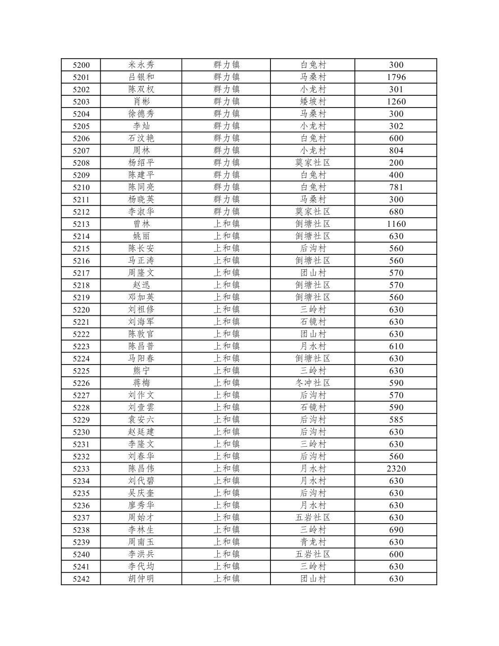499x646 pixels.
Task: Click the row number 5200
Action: click(81, 65)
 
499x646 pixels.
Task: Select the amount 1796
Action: click(396, 77)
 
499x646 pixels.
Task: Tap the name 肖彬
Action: click(141, 102)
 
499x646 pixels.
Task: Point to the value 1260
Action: click(396, 102)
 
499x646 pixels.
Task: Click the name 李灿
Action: click(141, 126)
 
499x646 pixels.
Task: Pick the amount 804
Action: click(396, 150)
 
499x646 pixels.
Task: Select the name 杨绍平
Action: click(141, 163)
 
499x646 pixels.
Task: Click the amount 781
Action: click(396, 187)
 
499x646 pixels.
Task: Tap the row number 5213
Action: click(81, 224)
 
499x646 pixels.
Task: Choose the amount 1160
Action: click(396, 224)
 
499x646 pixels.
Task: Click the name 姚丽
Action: click(141, 236)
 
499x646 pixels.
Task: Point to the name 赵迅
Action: click(141, 285)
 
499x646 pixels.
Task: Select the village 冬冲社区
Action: click(312, 383)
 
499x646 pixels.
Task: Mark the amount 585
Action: click(396, 420)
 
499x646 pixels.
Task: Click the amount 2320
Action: click(396, 468)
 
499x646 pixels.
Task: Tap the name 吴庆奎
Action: click(141, 493)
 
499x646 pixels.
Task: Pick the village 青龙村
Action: click(312, 542)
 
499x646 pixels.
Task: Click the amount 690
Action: click(396, 530)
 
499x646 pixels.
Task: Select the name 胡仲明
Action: click(141, 579)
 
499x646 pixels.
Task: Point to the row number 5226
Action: click(81, 383)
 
